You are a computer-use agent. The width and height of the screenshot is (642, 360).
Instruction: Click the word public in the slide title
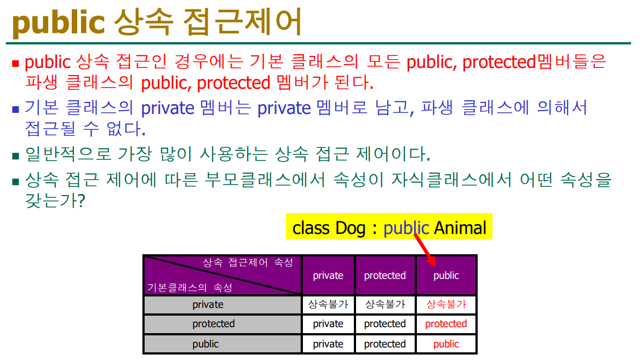pos(59,22)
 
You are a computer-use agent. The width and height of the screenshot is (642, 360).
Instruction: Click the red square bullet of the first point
pos(15,64)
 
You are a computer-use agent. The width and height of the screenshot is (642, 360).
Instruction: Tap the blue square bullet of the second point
pos(15,110)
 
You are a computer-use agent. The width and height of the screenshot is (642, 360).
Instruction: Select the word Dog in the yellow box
pos(350,228)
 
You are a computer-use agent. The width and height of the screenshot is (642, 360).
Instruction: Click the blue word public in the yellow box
pos(406,228)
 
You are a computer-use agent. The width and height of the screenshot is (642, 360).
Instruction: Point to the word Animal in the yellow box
pos(460,228)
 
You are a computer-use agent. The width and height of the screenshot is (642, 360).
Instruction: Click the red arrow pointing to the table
pos(425,250)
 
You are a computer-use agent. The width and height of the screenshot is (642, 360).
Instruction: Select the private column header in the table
pos(328,276)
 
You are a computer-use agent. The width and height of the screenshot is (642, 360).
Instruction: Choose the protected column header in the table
pos(385,276)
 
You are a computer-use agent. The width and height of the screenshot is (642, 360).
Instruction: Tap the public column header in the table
pos(446,276)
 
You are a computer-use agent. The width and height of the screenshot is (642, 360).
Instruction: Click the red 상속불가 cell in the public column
pos(446,304)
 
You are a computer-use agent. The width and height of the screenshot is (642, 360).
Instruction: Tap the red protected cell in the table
pos(446,324)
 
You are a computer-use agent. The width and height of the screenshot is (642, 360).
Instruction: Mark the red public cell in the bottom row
pos(446,344)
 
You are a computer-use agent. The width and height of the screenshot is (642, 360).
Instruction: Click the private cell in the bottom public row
pos(328,344)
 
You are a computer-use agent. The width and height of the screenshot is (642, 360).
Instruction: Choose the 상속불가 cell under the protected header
pos(385,304)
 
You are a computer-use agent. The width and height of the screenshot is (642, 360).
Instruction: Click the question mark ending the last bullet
pos(81,201)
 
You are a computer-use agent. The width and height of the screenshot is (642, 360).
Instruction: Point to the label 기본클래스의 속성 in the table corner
pos(190,288)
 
